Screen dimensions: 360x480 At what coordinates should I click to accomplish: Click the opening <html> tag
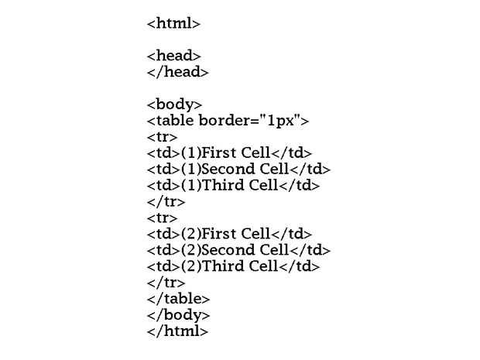tap(173, 24)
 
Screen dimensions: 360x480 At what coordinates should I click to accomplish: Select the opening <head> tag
tap(173, 56)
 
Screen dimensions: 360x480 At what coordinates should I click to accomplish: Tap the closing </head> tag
tap(177, 72)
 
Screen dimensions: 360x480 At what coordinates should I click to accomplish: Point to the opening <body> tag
tap(174, 105)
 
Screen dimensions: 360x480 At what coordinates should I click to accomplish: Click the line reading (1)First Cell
tap(229, 153)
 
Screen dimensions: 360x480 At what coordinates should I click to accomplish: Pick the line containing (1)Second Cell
tap(238, 170)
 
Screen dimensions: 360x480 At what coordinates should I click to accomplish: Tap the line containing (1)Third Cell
tap(233, 186)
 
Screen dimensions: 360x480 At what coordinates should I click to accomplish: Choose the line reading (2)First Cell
tap(229, 234)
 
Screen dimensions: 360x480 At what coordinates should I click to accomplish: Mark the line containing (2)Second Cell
tap(238, 250)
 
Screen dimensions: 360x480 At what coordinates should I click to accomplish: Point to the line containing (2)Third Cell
tap(233, 266)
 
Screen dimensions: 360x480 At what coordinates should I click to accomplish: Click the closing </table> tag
tap(178, 299)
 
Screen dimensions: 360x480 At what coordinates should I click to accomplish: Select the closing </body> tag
tap(178, 315)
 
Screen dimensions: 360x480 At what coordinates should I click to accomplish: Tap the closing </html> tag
tap(177, 331)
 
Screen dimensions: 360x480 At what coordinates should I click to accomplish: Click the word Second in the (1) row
tap(228, 170)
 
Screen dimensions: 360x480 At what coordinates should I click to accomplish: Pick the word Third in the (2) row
tap(223, 266)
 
